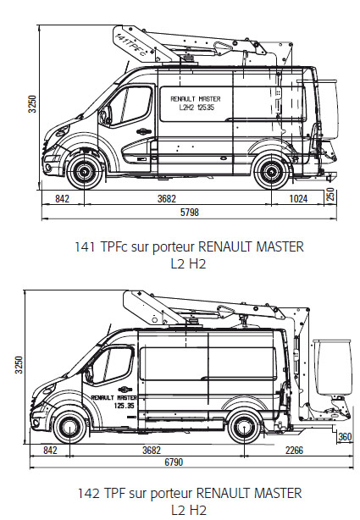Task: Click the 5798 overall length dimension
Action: pyautogui.click(x=190, y=212)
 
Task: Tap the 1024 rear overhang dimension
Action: pyautogui.click(x=298, y=199)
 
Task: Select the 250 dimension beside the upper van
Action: pyautogui.click(x=330, y=195)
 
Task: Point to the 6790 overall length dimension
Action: pyautogui.click(x=174, y=462)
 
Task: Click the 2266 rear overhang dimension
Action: pyautogui.click(x=294, y=450)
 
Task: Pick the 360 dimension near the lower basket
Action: pyautogui.click(x=345, y=437)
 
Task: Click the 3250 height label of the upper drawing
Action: pyautogui.click(x=32, y=104)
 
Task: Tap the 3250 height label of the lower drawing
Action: pyautogui.click(x=19, y=365)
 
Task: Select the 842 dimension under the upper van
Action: pyautogui.click(x=62, y=199)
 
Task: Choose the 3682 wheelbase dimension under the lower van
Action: pyautogui.click(x=152, y=450)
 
